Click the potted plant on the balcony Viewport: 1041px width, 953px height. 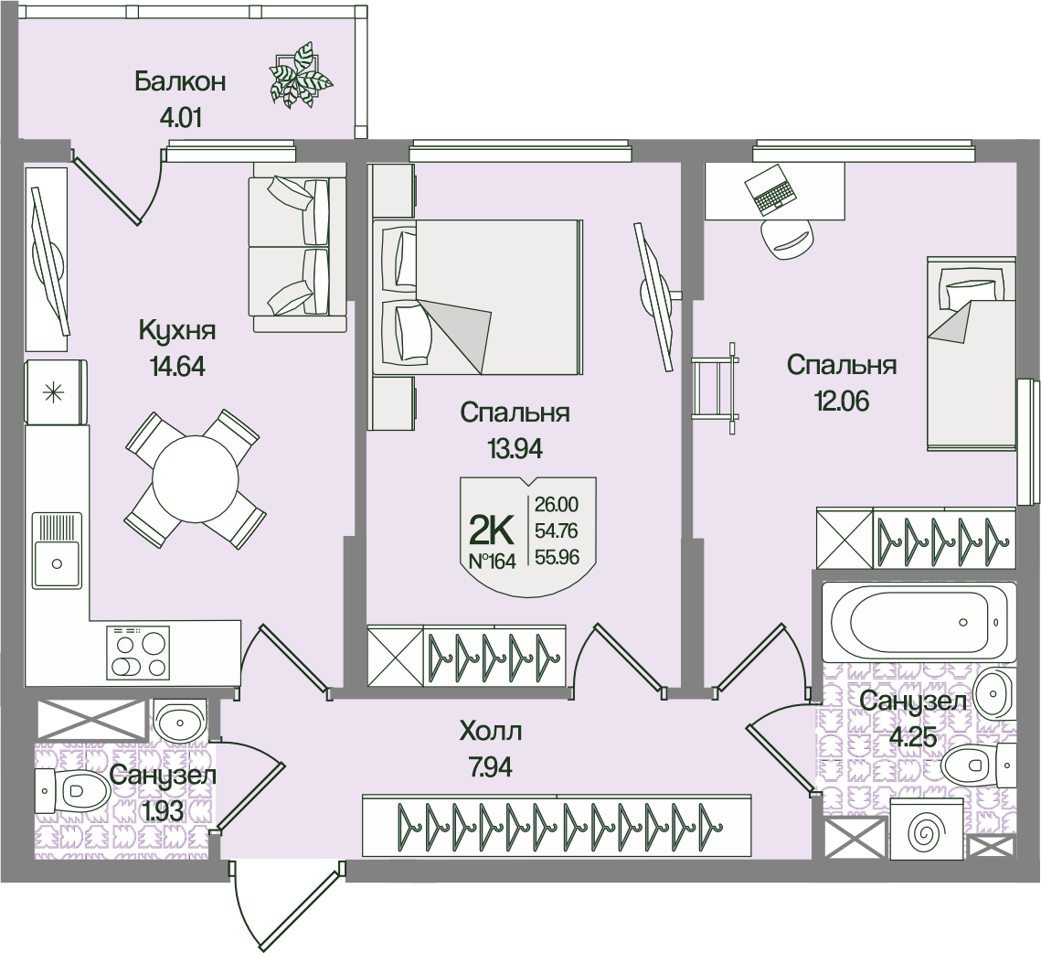pos(298,75)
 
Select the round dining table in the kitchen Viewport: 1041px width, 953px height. pos(196,477)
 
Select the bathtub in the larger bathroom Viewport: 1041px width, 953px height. pos(917,620)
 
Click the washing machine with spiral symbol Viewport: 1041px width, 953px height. pos(927,830)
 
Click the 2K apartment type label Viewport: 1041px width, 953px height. pos(492,529)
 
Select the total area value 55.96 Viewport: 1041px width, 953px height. pos(557,556)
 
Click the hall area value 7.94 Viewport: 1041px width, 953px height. pos(490,767)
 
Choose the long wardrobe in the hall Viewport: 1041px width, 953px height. pos(558,826)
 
